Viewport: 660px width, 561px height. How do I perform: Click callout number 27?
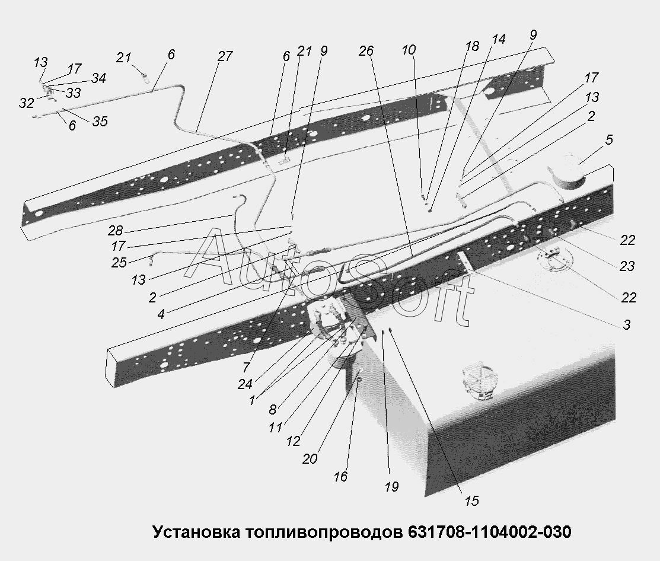click(225, 56)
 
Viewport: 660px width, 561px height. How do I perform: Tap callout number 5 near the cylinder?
click(609, 140)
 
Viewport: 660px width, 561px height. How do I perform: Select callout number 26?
click(366, 51)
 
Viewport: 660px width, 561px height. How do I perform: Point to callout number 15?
click(472, 501)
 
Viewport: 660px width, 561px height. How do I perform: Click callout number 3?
click(627, 324)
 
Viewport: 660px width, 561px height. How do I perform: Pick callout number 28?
click(115, 231)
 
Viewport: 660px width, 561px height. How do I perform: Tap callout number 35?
click(100, 121)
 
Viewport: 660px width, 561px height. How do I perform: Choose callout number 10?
click(409, 50)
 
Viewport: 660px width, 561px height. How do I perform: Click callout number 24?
click(245, 384)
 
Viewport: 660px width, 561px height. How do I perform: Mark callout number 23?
click(627, 266)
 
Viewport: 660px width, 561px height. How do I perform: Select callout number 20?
click(310, 459)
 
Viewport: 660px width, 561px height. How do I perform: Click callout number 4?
click(161, 314)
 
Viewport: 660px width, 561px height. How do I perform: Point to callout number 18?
click(472, 46)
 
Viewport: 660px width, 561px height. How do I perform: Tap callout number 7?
click(246, 367)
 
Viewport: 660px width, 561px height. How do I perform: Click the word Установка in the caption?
click(196, 532)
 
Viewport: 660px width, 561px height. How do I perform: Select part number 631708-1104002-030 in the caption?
click(490, 532)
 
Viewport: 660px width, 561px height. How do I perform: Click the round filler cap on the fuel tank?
click(478, 383)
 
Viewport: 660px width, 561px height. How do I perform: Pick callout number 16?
click(340, 476)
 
